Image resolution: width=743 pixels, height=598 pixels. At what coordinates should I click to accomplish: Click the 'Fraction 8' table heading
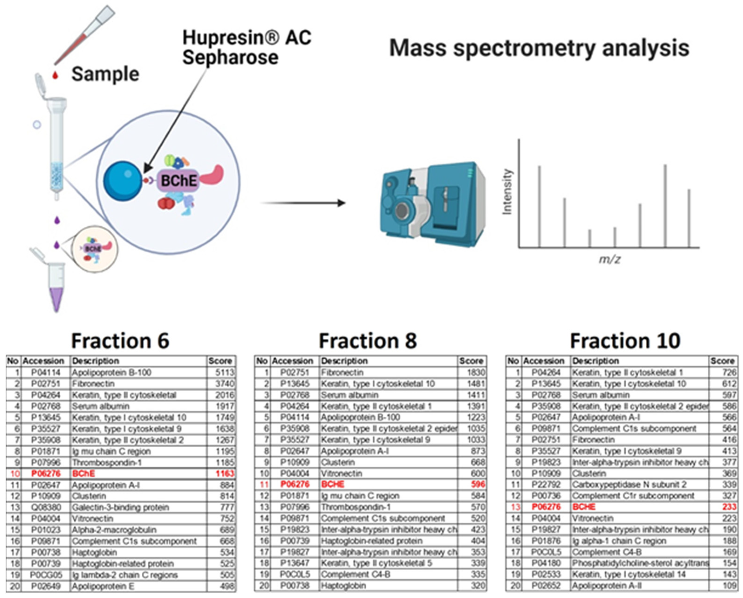click(368, 341)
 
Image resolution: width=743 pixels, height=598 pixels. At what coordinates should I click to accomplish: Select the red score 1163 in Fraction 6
click(225, 473)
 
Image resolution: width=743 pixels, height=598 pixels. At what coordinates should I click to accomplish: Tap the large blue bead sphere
click(123, 181)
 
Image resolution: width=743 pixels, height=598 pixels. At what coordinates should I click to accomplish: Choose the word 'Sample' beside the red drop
click(105, 74)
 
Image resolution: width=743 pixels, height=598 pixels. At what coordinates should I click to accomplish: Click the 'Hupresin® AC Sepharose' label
click(246, 47)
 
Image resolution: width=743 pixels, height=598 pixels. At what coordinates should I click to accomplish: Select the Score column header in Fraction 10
click(722, 361)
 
